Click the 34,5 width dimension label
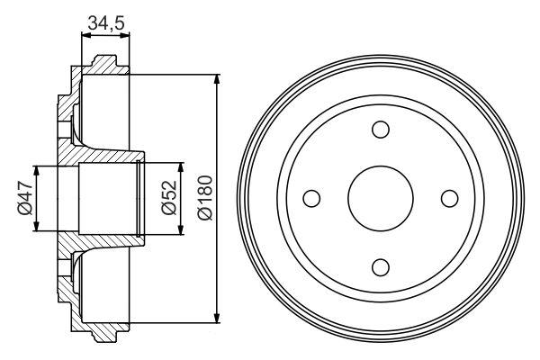(106, 23)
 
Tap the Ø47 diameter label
(24, 199)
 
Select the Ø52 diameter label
(166, 199)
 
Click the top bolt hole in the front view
(381, 130)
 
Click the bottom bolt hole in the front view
(381, 266)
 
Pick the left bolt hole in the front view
(312, 198)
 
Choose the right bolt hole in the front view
(449, 198)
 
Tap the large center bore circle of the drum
(381, 198)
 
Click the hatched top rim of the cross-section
(101, 68)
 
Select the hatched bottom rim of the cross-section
(101, 329)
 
